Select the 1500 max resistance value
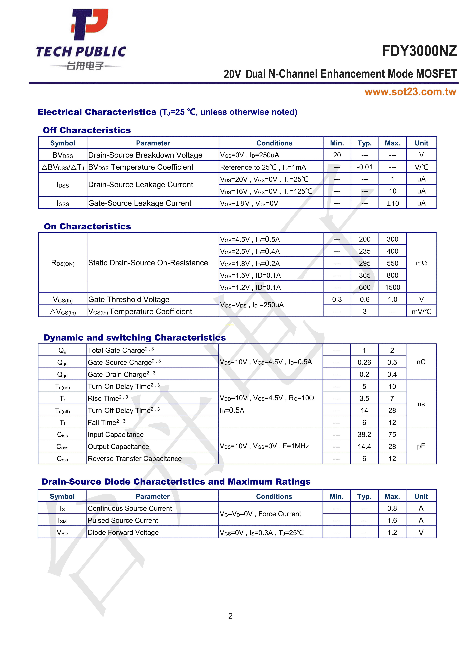coord(392,287)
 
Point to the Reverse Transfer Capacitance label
coord(135,458)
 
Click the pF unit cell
coord(421,446)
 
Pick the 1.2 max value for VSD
coord(392,533)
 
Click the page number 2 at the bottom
coord(230,616)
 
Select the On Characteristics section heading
coord(87,226)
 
